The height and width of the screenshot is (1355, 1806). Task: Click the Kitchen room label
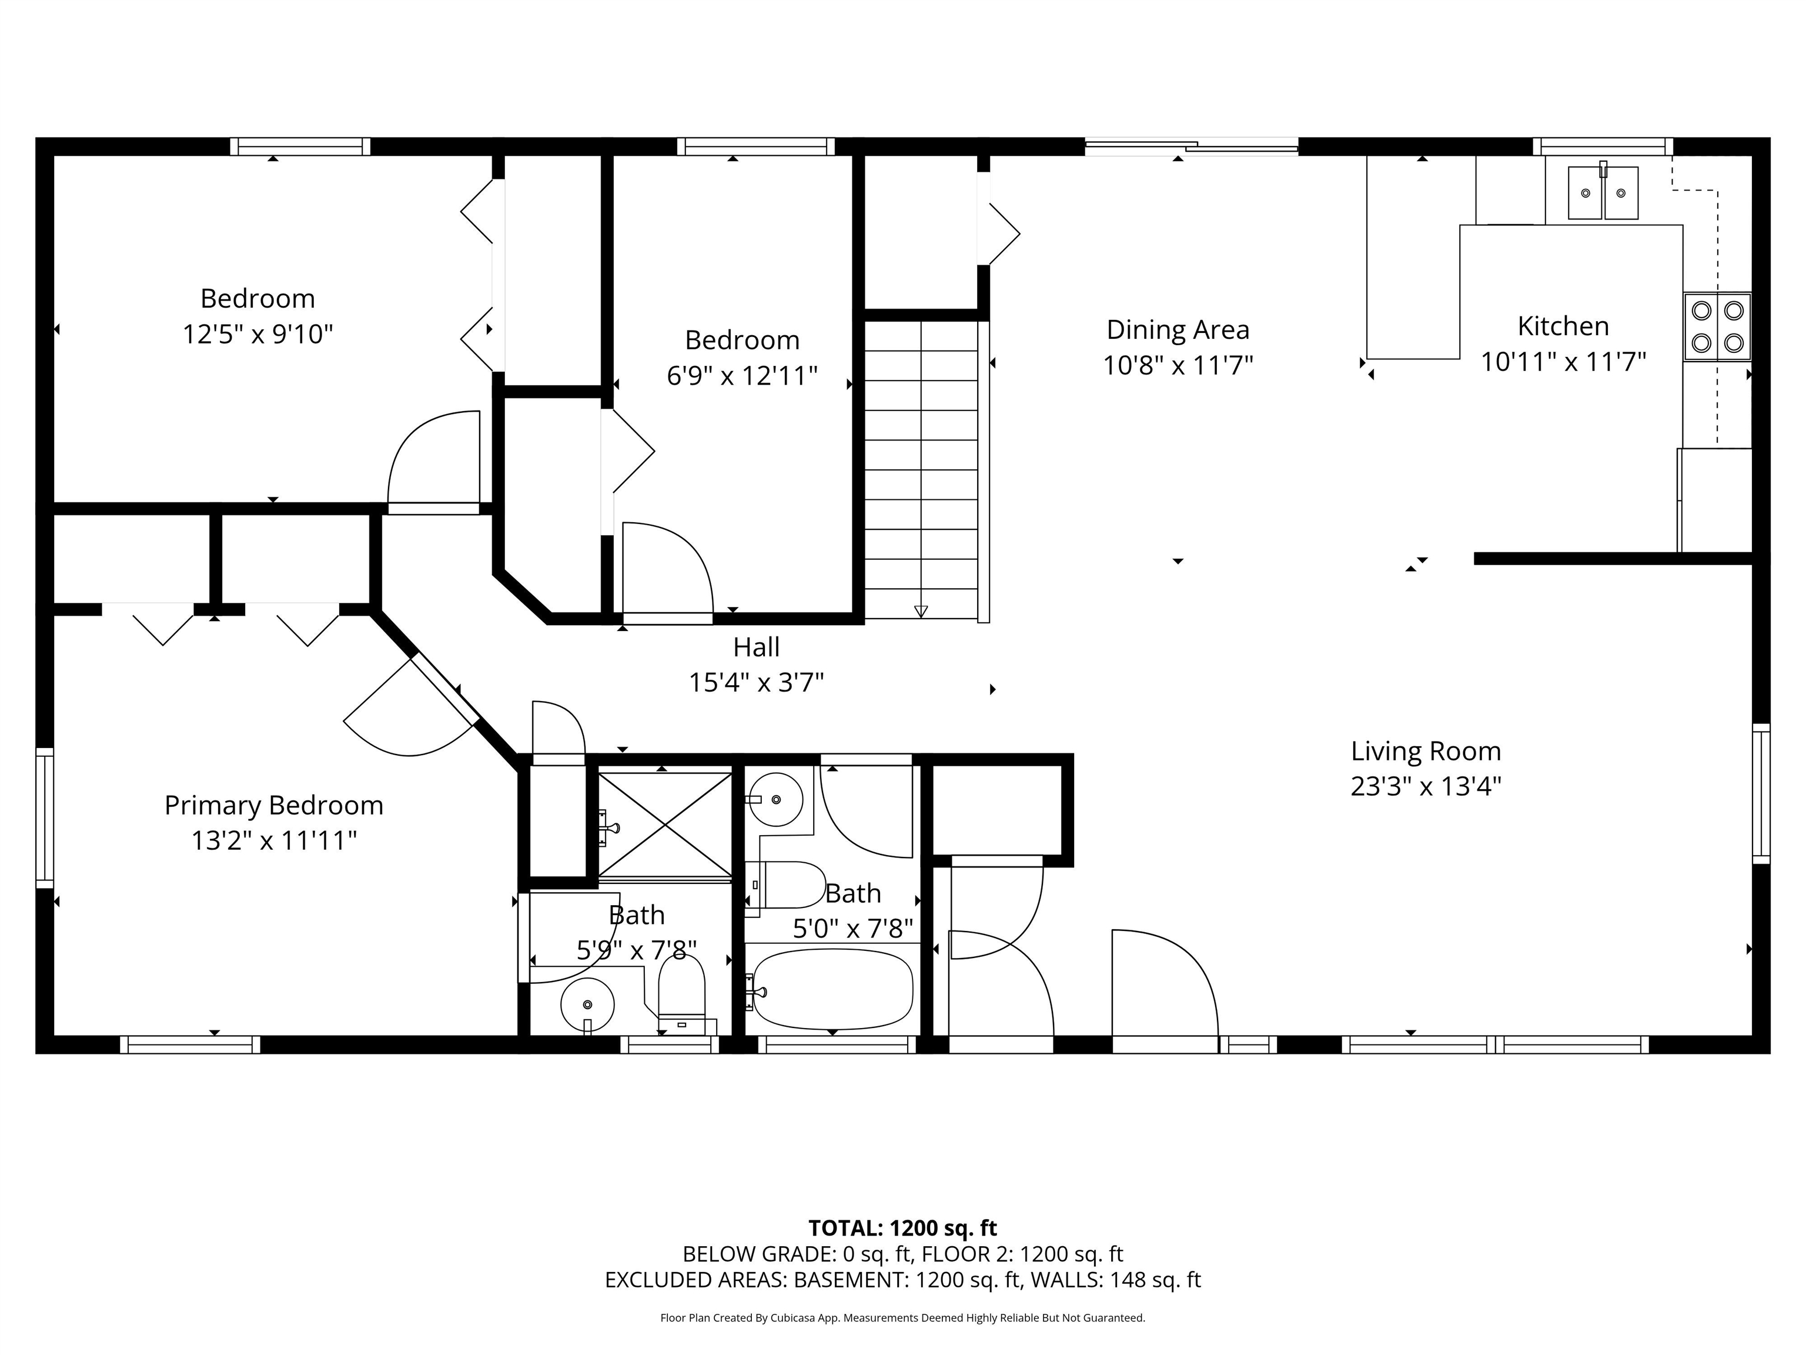[1563, 326]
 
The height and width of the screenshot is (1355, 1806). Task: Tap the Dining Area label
[1178, 330]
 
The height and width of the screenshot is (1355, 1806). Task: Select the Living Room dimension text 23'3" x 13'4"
[1426, 786]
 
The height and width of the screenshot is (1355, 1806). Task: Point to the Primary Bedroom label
[273, 805]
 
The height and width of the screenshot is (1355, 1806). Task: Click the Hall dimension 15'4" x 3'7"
[756, 682]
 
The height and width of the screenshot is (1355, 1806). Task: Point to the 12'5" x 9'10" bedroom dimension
[258, 334]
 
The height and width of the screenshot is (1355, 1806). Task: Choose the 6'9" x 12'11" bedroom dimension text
[742, 376]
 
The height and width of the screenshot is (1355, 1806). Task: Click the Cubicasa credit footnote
[902, 1317]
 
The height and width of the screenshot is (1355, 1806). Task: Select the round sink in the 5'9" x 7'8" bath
[587, 1004]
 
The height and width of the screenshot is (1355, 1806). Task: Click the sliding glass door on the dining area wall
[1191, 147]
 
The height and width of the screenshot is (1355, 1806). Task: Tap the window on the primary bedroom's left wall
[45, 817]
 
